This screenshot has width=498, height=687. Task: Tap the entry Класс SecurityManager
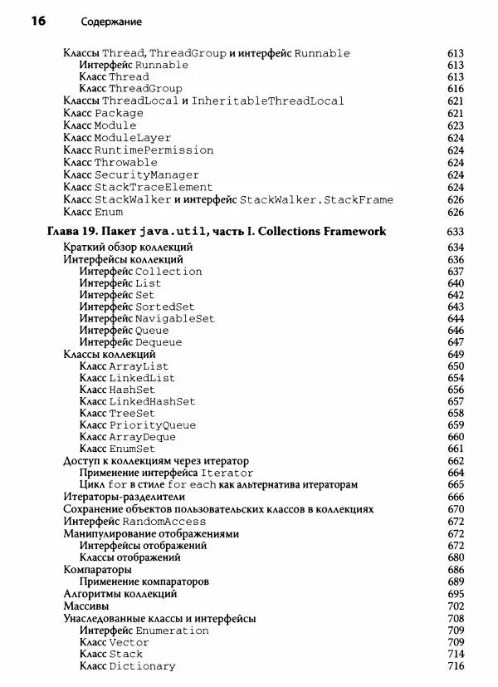pos(131,175)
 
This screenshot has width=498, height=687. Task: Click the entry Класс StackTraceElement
pos(138,188)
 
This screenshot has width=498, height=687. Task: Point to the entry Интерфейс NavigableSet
pos(147,318)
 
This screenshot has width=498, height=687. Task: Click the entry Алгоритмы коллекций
pos(120,594)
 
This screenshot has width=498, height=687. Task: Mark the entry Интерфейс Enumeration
pos(144,631)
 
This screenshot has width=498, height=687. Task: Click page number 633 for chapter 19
pos(455,232)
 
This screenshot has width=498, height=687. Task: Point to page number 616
pos(455,89)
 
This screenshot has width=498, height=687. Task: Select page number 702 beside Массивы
pos(455,606)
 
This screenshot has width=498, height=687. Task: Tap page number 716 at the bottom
pos(455,666)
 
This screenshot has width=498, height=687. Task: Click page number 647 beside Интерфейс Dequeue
pos(455,342)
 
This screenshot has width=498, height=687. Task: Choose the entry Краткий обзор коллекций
pos(128,248)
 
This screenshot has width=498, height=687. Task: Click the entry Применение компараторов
pos(144,581)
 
